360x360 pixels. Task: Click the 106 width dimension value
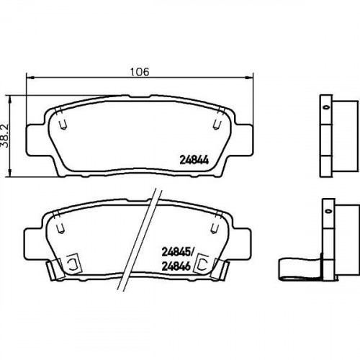point(140,71)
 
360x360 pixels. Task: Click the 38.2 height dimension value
point(4,136)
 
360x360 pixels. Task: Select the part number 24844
point(194,160)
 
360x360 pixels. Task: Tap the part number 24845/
point(178,252)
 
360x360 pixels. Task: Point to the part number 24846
point(176,266)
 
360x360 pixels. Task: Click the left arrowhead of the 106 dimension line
point(30,77)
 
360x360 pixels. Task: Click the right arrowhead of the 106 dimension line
point(249,77)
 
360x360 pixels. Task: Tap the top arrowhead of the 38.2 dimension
point(10,99)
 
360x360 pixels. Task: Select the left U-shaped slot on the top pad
point(63,125)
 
